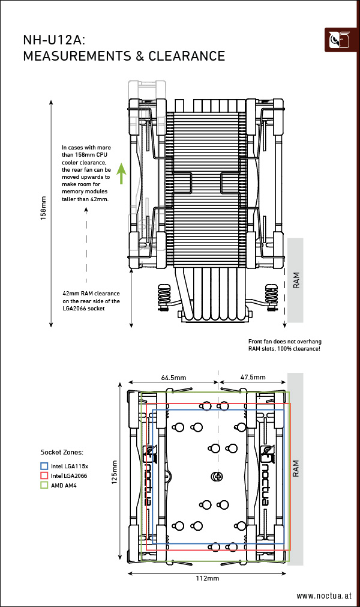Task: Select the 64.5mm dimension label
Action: point(173,378)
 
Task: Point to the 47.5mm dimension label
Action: point(253,378)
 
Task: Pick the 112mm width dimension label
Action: point(207,578)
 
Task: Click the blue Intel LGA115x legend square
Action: point(44,465)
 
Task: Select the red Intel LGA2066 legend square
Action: point(44,475)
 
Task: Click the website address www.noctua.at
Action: point(324,596)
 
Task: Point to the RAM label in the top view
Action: point(296,469)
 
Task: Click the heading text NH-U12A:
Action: point(54,40)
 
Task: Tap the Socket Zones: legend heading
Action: point(62,452)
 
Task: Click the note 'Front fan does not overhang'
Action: point(282,341)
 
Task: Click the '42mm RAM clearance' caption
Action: point(91,294)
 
